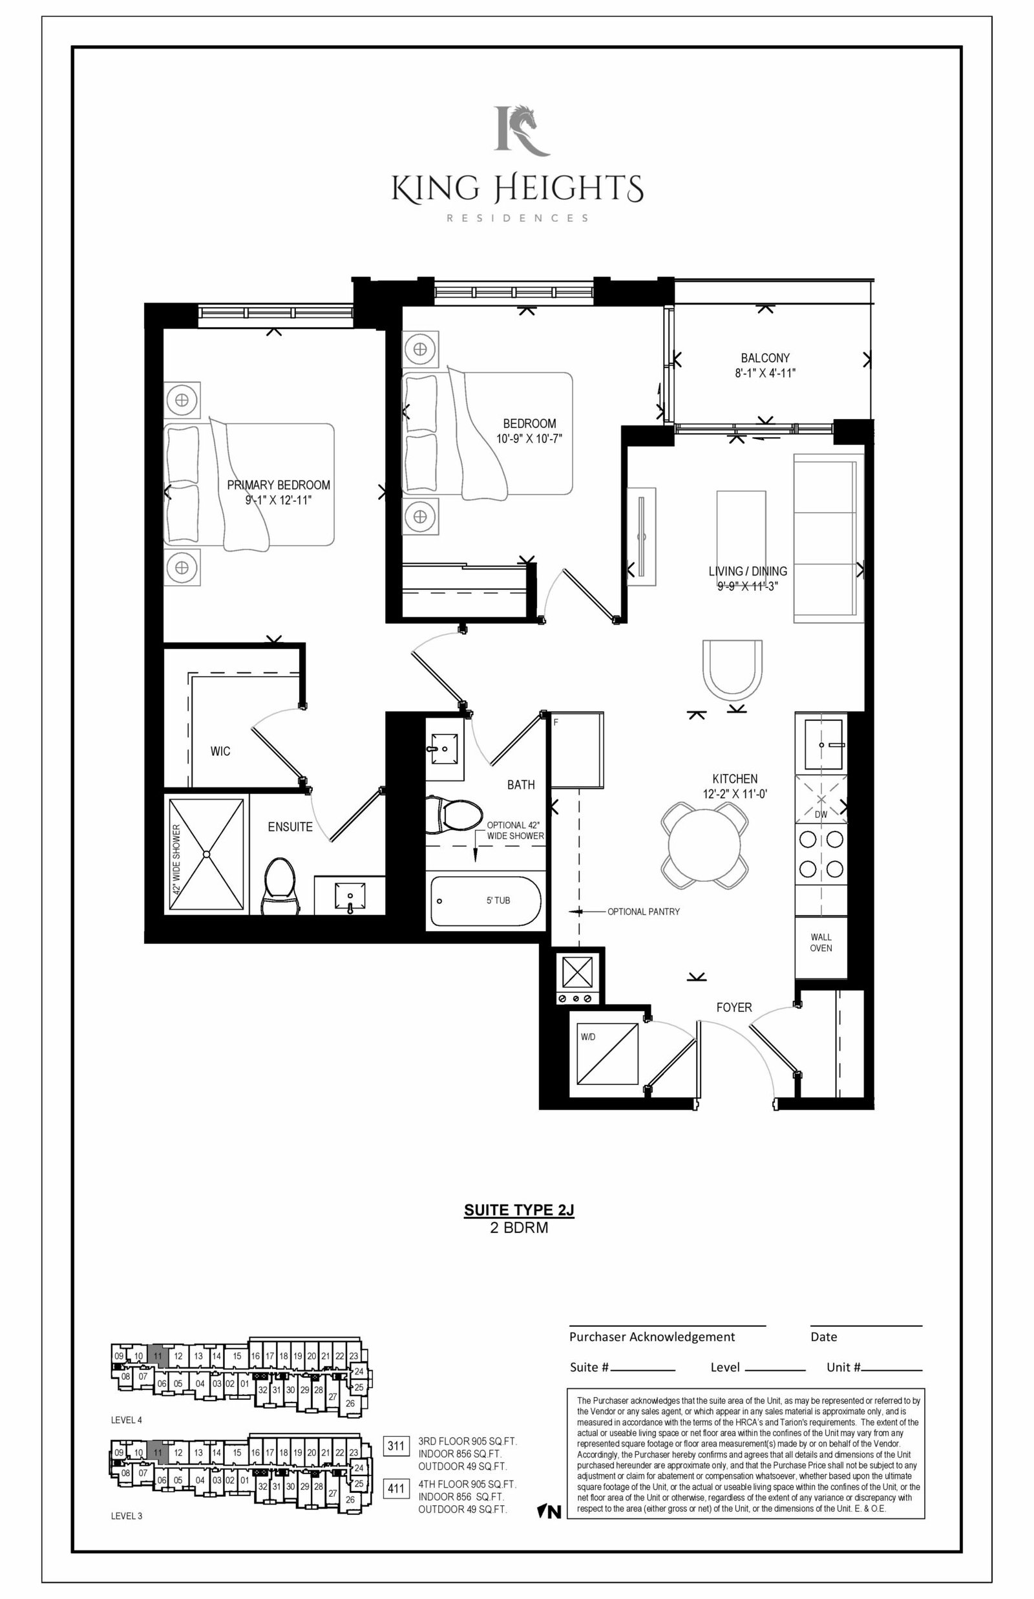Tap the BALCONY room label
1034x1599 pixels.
pyautogui.click(x=765, y=358)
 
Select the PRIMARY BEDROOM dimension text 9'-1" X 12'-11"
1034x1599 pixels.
pyautogui.click(x=279, y=500)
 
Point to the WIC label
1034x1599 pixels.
pyautogui.click(x=220, y=751)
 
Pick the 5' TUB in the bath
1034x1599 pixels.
pyautogui.click(x=485, y=901)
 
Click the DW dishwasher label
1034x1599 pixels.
pyautogui.click(x=821, y=814)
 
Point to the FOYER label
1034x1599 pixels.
pyautogui.click(x=734, y=1007)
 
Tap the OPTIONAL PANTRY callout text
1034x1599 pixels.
pyautogui.click(x=643, y=911)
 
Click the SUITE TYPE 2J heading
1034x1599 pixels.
pyautogui.click(x=519, y=1210)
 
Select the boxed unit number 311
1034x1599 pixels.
pyautogui.click(x=396, y=1446)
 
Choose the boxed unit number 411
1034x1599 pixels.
pyautogui.click(x=396, y=1489)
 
